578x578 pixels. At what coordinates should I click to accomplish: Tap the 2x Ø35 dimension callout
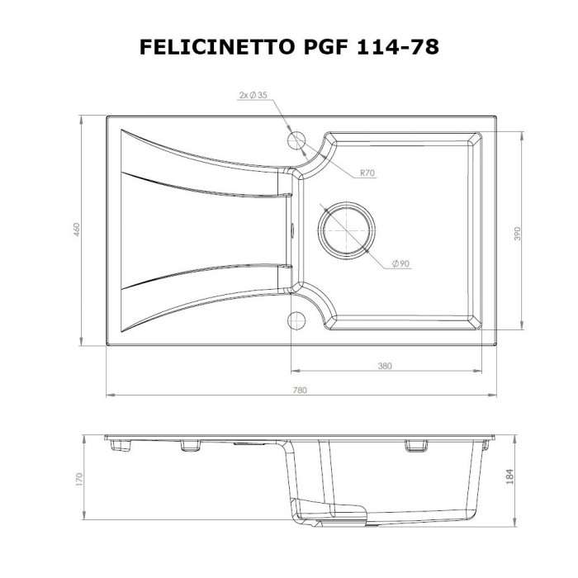[253, 96]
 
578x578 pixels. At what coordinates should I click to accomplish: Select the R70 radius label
[367, 173]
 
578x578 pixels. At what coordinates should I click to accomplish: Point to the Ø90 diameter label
[400, 263]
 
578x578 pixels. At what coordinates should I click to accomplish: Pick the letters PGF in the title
[317, 47]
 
